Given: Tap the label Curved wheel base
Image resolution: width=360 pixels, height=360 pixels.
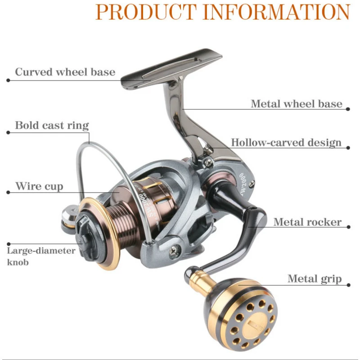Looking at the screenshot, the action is pyautogui.click(x=65, y=72).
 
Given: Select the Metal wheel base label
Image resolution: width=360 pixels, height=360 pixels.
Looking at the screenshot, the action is pyautogui.click(x=297, y=104).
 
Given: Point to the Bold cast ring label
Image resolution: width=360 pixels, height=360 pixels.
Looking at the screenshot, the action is pyautogui.click(x=52, y=125).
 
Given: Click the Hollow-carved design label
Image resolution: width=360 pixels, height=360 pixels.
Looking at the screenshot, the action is pyautogui.click(x=286, y=143).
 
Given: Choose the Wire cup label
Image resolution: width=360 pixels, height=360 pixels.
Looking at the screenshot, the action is pyautogui.click(x=39, y=186).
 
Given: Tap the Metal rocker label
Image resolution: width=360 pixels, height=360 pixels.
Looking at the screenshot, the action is pyautogui.click(x=307, y=222).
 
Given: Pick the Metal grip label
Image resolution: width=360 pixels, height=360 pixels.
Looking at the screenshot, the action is pyautogui.click(x=315, y=279).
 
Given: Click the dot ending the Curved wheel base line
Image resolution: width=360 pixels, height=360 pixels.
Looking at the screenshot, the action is pyautogui.click(x=8, y=81).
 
